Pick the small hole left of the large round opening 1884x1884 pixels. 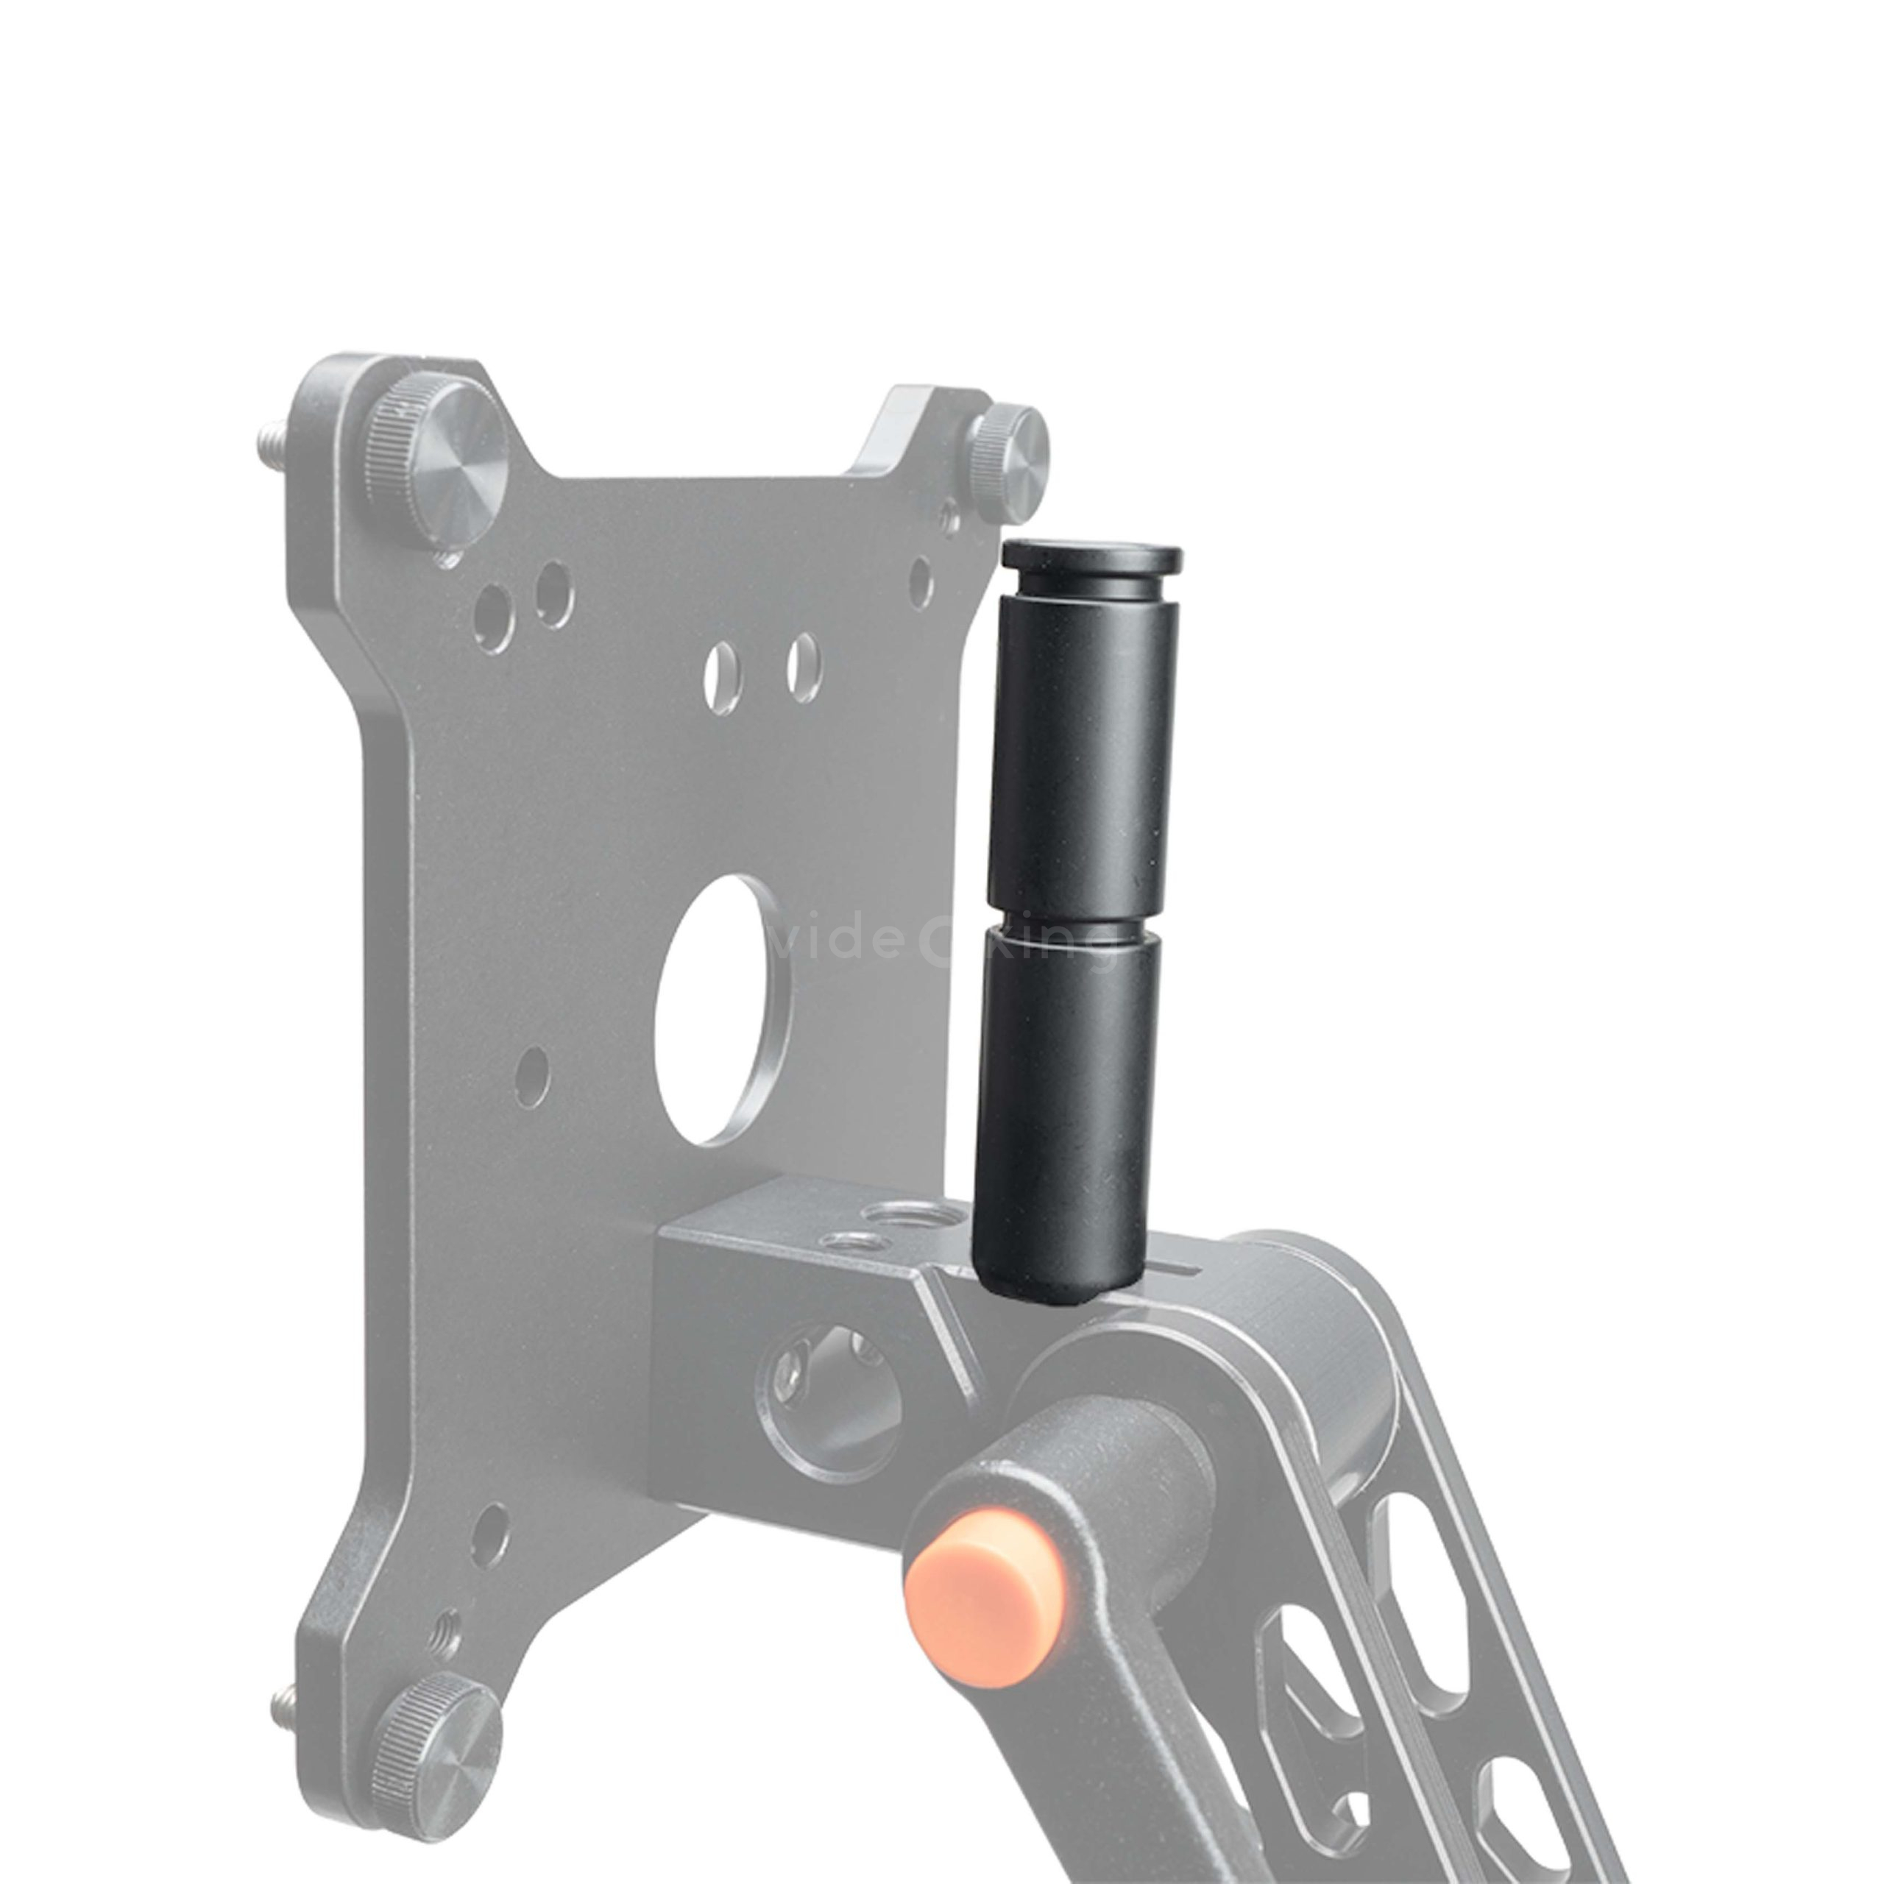click(x=531, y=1077)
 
